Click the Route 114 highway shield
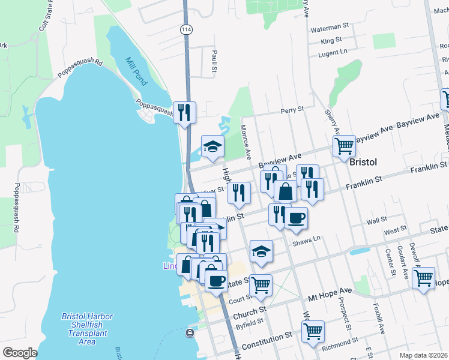(x=185, y=29)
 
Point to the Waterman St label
(x=330, y=27)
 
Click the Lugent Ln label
(x=334, y=53)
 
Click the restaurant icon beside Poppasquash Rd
(x=184, y=112)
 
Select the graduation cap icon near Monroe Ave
(x=212, y=146)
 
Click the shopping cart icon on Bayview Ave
(x=344, y=145)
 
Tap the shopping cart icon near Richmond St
(x=314, y=331)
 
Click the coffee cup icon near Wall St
(x=296, y=217)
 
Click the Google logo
(x=20, y=353)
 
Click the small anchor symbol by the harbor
(x=190, y=333)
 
